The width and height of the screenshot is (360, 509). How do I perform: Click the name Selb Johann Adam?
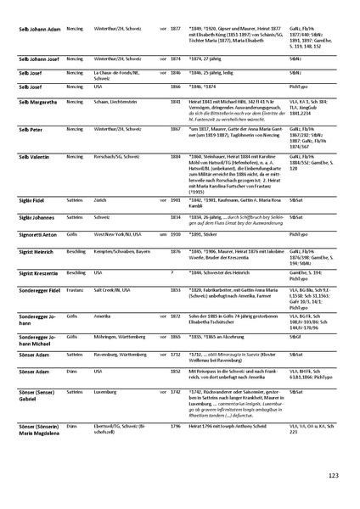coord(37,28)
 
